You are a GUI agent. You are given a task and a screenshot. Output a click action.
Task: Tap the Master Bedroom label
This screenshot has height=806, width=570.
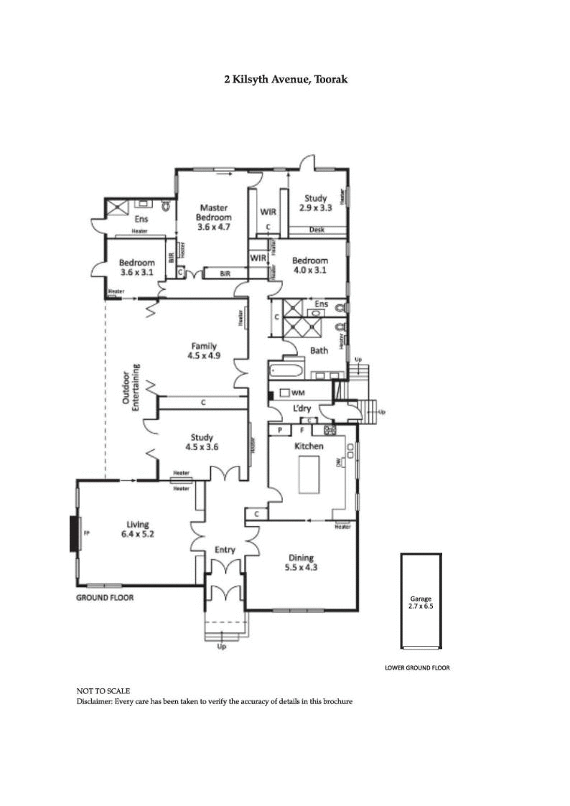click(215, 217)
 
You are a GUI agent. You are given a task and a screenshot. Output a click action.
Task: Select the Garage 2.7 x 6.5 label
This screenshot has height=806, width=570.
click(421, 602)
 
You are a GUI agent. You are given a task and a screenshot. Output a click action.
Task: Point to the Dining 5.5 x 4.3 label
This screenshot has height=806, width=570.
click(302, 563)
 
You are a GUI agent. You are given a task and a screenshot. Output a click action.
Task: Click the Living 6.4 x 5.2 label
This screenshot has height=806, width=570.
click(134, 529)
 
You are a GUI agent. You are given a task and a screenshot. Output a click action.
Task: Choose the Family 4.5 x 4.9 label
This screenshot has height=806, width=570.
click(203, 350)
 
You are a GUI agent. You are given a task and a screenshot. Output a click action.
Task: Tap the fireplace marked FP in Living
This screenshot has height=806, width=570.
click(75, 533)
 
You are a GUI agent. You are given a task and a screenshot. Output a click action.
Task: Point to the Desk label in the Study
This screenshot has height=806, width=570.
click(317, 230)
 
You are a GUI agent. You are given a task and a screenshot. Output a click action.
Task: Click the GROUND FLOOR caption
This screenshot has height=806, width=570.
click(105, 597)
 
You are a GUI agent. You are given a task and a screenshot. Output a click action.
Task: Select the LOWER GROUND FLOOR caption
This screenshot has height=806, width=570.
click(417, 667)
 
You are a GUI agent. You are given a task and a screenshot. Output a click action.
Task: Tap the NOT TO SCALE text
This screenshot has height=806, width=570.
click(103, 691)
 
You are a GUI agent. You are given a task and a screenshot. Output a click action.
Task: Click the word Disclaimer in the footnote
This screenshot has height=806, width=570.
click(95, 701)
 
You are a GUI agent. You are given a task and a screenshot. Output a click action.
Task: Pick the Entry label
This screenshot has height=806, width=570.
click(225, 550)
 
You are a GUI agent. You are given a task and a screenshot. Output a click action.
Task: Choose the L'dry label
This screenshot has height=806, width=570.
click(301, 408)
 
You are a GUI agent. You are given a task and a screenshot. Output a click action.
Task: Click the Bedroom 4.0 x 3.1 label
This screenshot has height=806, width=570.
click(310, 266)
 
